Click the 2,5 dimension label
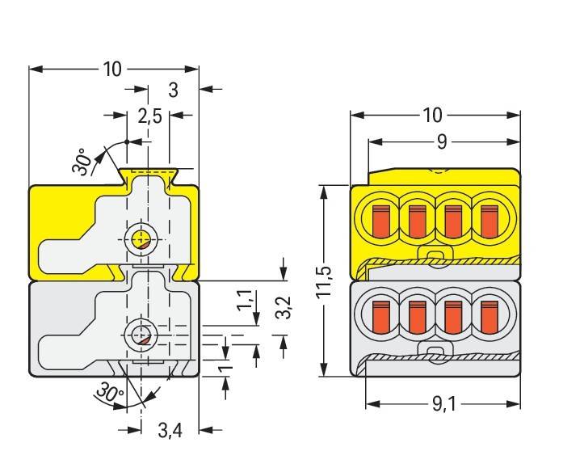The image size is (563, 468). coord(149,116)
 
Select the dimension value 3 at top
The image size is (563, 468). coord(173,90)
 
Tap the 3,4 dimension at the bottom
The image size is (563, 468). coord(169,431)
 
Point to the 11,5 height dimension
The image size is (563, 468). coord(323,280)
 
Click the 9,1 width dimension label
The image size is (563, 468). coord(440,403)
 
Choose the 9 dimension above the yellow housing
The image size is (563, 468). coord(441,142)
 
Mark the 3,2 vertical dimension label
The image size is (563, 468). coord(284,307)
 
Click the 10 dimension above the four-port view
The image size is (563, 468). coord(433,115)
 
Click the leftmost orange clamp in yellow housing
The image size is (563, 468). coord(380,220)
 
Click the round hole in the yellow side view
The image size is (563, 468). coord(141,238)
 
